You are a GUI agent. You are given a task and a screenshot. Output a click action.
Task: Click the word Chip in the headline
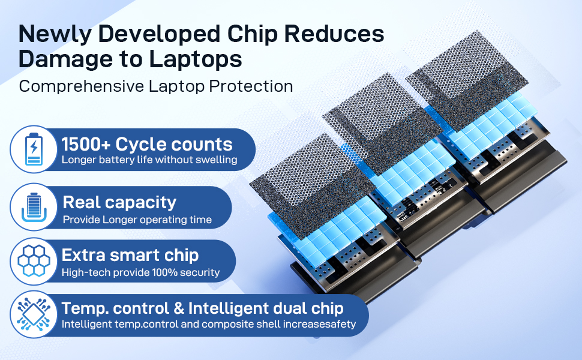pos(253,35)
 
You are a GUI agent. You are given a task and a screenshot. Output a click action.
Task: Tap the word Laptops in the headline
pos(196,59)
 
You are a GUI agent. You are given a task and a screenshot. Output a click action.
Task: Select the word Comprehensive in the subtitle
pos(81,87)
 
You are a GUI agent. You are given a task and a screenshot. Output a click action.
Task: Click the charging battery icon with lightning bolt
pos(34,149)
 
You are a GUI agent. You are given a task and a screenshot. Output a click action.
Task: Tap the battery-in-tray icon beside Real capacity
pos(34,207)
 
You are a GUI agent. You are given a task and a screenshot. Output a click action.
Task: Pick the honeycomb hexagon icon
pos(34,261)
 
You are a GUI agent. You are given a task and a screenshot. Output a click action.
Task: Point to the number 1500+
pos(86,145)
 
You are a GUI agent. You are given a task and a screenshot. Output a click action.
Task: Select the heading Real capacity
pos(119,203)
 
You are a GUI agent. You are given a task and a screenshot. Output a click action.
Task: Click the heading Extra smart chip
pos(130,256)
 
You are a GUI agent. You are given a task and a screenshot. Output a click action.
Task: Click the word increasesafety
pos(320,324)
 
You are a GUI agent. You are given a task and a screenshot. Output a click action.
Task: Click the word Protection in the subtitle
pos(251,86)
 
